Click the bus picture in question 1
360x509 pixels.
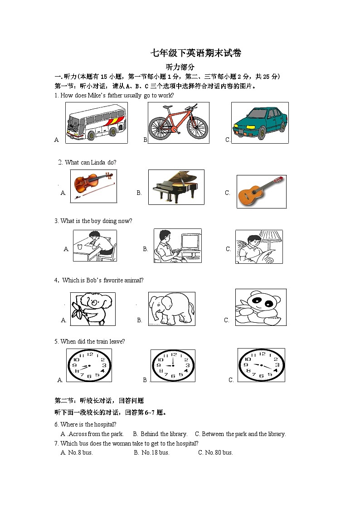pyautogui.click(x=96, y=122)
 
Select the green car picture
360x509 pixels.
pyautogui.click(x=260, y=122)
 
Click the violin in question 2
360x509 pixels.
pyautogui.click(x=93, y=185)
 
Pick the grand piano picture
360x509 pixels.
pyautogui.click(x=176, y=187)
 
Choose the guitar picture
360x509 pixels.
pyautogui.click(x=262, y=192)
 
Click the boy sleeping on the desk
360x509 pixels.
pyautogui.click(x=95, y=246)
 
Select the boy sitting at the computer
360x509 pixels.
pyautogui.click(x=177, y=246)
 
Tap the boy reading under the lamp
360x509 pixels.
pyautogui.click(x=258, y=247)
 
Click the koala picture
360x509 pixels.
pyautogui.click(x=92, y=309)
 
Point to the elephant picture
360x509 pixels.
pyautogui.click(x=171, y=309)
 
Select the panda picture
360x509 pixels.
pyautogui.click(x=260, y=307)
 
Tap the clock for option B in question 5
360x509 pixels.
pyautogui.click(x=173, y=365)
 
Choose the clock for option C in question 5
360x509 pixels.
pyautogui.click(x=261, y=365)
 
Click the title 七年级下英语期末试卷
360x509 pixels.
pyautogui.click(x=196, y=53)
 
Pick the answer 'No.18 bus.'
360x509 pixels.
pyautogui.click(x=155, y=452)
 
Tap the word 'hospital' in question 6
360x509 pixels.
pyautogui.click(x=95, y=424)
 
